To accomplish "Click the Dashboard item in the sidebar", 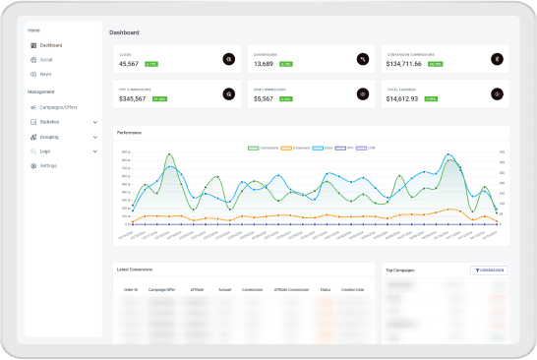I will [x=50, y=45].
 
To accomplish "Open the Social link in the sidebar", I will [x=46, y=60].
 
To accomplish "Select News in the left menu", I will [x=46, y=74].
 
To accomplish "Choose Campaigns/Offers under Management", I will [x=58, y=106].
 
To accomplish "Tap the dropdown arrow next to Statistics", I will [x=95, y=122].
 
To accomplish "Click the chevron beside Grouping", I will [x=95, y=137].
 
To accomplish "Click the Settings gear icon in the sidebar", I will [x=32, y=165].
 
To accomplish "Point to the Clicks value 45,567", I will [x=129, y=63].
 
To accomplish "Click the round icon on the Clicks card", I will [x=229, y=59].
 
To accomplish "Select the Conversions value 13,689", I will [x=263, y=63].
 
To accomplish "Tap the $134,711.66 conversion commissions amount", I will [x=403, y=63].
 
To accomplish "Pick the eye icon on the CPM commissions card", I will [x=363, y=94].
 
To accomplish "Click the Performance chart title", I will [x=129, y=132].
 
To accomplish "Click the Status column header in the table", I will [x=326, y=289].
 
